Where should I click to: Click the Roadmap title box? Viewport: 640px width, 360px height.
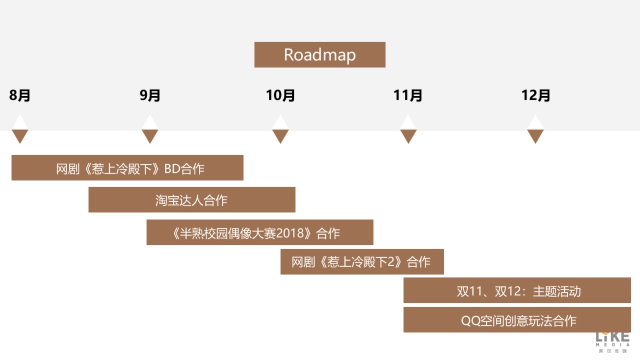[x=319, y=55]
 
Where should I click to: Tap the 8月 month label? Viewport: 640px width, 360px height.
[x=20, y=95]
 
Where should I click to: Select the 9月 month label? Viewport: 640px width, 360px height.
[x=150, y=95]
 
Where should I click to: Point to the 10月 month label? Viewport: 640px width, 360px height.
[x=281, y=95]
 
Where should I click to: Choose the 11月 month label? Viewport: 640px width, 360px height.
[x=408, y=95]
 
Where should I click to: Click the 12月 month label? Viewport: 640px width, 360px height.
[x=535, y=95]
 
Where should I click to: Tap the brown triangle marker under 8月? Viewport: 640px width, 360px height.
[x=20, y=135]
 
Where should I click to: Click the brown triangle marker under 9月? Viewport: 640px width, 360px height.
[x=150, y=135]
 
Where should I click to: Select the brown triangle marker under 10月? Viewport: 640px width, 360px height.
[x=281, y=135]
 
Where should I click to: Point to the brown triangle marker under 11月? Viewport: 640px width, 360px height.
[x=408, y=135]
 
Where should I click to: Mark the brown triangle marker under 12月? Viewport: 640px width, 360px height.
[x=535, y=135]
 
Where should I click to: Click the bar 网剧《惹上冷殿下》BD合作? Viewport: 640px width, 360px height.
[x=127, y=168]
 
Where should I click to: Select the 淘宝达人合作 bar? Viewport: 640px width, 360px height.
[x=192, y=200]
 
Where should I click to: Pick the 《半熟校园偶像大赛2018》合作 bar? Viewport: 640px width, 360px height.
[x=260, y=233]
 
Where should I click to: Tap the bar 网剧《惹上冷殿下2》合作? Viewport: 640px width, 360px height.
[x=362, y=262]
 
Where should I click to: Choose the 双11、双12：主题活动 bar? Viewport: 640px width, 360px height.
[x=517, y=291]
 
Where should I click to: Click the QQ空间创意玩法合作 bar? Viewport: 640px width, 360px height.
[x=517, y=320]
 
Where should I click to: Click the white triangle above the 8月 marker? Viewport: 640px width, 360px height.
[x=20, y=124]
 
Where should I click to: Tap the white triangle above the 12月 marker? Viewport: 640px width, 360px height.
[x=535, y=124]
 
